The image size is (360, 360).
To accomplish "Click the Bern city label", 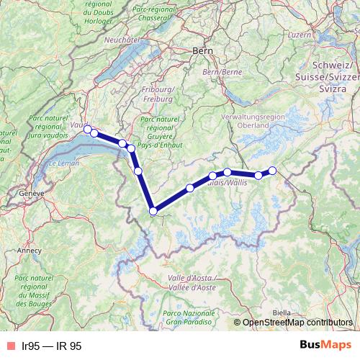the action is pyautogui.click(x=202, y=50).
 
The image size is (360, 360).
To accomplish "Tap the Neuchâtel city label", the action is pyautogui.click(x=121, y=40).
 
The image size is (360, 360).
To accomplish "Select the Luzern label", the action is pyautogui.click(x=299, y=34).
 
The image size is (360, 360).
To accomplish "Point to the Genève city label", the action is pyautogui.click(x=32, y=194).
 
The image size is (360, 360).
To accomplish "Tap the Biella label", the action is pyautogui.click(x=282, y=312).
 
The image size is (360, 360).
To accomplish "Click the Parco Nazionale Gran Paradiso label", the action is pyautogui.click(x=190, y=317).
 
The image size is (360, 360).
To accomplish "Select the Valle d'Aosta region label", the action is pyautogui.click(x=192, y=282).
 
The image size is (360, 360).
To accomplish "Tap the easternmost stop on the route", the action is pyautogui.click(x=272, y=171).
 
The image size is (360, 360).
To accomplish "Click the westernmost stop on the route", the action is pyautogui.click(x=87, y=129).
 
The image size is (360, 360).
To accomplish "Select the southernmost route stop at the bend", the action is pyautogui.click(x=153, y=211).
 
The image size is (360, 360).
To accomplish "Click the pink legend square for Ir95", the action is pyautogui.click(x=11, y=346).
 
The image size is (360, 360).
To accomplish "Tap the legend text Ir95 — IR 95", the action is pyautogui.click(x=52, y=346).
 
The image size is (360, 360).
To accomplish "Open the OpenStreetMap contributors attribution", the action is pyautogui.click(x=297, y=323).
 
